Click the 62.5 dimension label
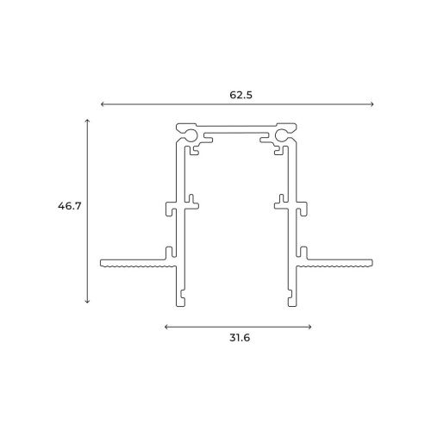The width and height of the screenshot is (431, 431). (240, 95)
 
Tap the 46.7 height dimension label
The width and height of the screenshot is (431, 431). (70, 206)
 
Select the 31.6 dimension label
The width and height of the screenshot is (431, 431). (240, 338)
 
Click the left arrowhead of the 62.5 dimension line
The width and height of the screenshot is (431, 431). (103, 104)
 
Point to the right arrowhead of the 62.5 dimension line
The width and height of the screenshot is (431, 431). (372, 104)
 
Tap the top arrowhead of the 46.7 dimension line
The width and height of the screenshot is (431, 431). (88, 121)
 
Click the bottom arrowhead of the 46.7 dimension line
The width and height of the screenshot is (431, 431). (88, 301)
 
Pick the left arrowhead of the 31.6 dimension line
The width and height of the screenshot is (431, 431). (166, 327)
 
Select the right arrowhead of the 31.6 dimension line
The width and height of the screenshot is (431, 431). (309, 327)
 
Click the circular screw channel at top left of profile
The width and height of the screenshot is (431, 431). (191, 135)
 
